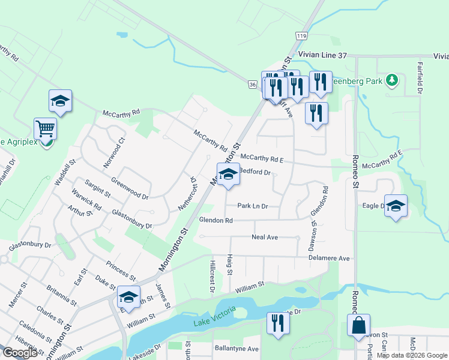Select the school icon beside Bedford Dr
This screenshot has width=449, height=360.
click(x=228, y=175)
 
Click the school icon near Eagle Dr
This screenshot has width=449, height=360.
click(x=396, y=206)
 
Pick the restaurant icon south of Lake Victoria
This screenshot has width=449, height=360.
click(x=277, y=323)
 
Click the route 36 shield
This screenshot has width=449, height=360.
click(x=252, y=85)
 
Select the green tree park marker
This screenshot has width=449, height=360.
click(x=392, y=79)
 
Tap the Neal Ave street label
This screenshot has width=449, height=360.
click(x=265, y=238)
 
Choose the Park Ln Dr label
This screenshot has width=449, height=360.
click(x=252, y=206)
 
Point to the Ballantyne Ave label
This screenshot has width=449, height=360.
click(x=237, y=349)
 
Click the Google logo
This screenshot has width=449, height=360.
click(x=20, y=353)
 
